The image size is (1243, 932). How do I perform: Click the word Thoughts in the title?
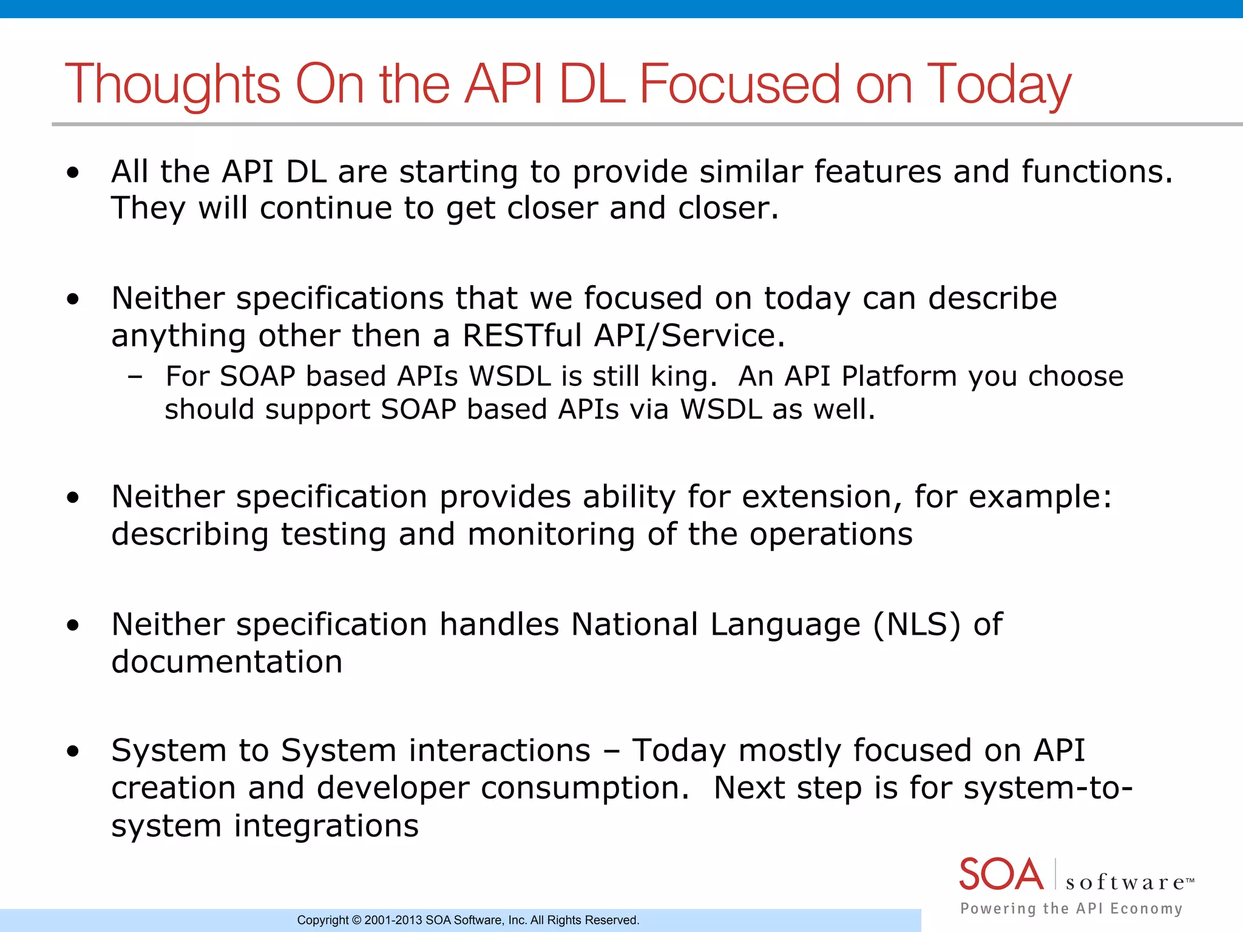coord(172,85)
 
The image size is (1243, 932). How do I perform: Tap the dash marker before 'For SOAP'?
coord(135,377)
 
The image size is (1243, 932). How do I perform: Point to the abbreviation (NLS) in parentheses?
coord(916,624)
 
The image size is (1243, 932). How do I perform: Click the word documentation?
coord(227,661)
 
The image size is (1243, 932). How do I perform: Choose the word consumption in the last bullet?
coord(584,788)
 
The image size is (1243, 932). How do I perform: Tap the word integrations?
coord(326,826)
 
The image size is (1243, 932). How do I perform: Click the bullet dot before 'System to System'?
coord(73,752)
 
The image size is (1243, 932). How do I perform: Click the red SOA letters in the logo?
coord(1001,874)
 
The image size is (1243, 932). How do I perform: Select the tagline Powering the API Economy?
coord(1071,908)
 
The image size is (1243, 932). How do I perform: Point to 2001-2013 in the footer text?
coord(393,920)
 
